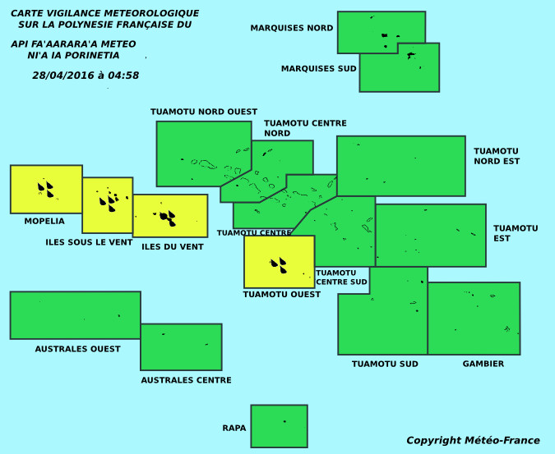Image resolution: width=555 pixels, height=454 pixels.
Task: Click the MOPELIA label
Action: [44, 221]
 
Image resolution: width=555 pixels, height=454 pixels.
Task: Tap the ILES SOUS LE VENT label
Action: [89, 242]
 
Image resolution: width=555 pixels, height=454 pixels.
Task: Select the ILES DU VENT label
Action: [173, 246]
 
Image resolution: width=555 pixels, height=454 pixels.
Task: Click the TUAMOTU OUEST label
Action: [282, 294]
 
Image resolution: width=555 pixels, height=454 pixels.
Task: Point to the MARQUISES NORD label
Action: [292, 28]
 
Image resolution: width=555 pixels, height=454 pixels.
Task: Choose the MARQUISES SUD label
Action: [318, 68]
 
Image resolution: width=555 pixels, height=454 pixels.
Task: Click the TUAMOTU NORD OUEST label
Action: [204, 112]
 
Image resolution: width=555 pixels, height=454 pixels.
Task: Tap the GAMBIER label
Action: [483, 364]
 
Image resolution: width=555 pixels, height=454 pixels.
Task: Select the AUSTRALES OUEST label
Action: [77, 349]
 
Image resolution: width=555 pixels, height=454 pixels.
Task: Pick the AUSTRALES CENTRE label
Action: [186, 380]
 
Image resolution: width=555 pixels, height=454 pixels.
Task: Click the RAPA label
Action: [234, 428]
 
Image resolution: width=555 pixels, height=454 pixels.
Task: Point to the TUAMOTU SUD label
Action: [385, 364]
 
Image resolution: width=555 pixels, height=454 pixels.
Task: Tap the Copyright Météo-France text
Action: [474, 440]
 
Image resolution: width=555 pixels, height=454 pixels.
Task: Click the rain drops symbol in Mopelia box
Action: [46, 190]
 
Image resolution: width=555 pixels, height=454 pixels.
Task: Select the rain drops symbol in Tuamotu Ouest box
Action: [279, 265]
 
